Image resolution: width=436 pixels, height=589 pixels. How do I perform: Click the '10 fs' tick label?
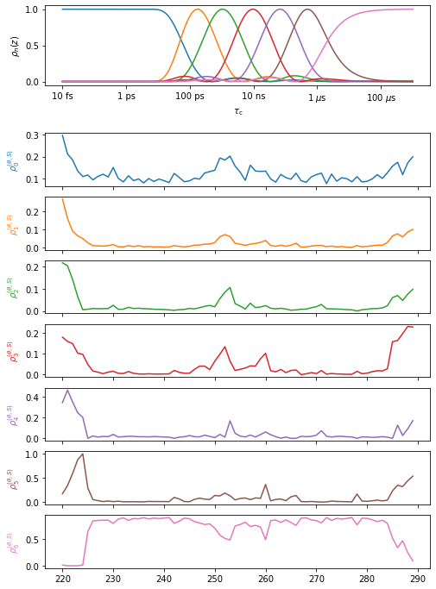tap(62, 98)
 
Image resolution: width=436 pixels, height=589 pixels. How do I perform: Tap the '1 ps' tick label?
tap(126, 98)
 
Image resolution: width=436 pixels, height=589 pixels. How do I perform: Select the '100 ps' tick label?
tap(189, 98)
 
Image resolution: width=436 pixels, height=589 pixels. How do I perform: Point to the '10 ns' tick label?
tap(253, 98)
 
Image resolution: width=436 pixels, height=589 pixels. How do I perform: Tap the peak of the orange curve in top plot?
tap(198, 9)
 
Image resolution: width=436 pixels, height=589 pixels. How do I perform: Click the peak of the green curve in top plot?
tap(224, 9)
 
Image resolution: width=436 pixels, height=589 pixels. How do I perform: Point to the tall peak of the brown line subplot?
tap(83, 454)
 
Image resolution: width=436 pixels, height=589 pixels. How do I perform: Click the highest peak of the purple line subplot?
tap(68, 390)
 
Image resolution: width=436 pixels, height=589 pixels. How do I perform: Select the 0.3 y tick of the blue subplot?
tap(43, 136)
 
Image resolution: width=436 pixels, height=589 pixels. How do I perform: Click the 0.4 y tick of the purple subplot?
tap(43, 397)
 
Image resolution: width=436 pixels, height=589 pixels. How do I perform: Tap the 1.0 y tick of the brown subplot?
tap(43, 454)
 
